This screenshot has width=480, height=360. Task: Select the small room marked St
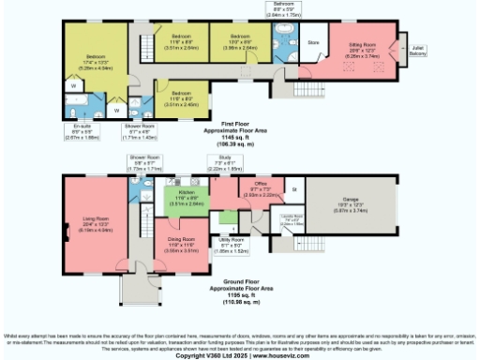point(294,190)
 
